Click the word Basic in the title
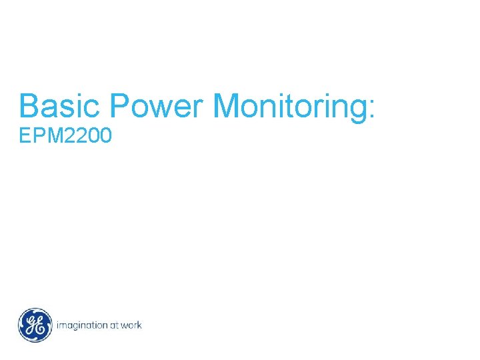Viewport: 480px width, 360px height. pyautogui.click(x=60, y=107)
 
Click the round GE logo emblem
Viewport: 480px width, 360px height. pyautogui.click(x=35, y=325)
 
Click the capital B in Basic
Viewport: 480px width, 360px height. pyautogui.click(x=30, y=107)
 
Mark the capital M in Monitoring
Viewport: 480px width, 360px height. pyautogui.click(x=228, y=107)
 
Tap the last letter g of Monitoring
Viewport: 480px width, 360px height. pyautogui.click(x=355, y=111)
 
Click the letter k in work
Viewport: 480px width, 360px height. pyautogui.click(x=139, y=325)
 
